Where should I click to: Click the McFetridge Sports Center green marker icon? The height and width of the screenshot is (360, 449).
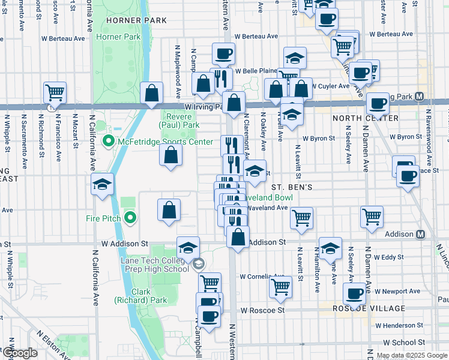109,142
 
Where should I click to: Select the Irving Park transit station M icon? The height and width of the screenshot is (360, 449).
420,97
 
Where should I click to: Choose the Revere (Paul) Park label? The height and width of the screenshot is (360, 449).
179,121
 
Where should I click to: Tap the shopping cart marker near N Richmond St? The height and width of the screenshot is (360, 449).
55,92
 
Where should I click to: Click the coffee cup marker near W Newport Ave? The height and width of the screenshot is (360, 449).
354,294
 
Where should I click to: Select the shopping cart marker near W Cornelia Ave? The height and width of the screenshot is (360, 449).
280,287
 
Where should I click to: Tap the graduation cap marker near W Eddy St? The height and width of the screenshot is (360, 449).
330,248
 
